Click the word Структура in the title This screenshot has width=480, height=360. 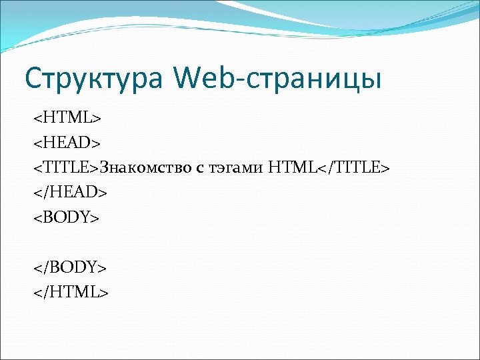pyautogui.click(x=94, y=78)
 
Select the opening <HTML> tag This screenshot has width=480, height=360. pyautogui.click(x=67, y=118)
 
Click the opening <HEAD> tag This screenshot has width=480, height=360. pyautogui.click(x=67, y=143)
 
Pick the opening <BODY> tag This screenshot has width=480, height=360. pyautogui.click(x=67, y=217)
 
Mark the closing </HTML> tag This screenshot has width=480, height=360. pyautogui.click(x=71, y=291)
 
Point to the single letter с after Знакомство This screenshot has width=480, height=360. pyautogui.click(x=199, y=168)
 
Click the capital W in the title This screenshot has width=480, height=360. pyautogui.click(x=187, y=78)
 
